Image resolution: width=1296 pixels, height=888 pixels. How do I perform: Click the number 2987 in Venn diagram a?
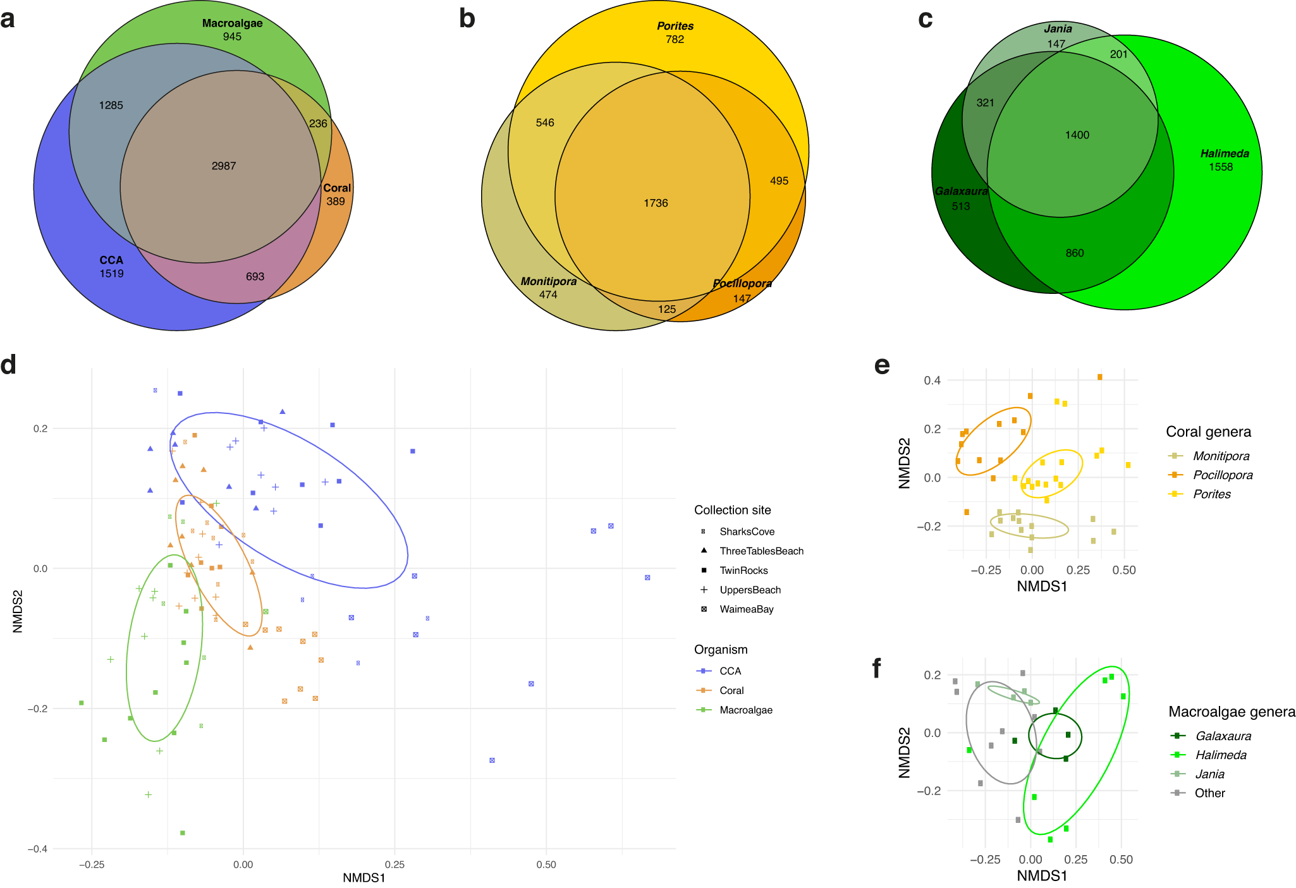click(224, 166)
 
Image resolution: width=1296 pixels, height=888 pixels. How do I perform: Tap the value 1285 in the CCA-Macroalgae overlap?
click(111, 106)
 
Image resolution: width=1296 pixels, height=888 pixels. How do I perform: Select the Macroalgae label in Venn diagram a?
click(232, 23)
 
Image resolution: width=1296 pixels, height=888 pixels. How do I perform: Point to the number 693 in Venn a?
click(255, 277)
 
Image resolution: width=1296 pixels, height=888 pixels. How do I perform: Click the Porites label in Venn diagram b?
click(675, 26)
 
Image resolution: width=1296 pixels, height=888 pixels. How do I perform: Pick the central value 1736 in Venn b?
click(656, 204)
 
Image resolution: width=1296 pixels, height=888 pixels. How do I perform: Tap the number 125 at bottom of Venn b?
click(667, 310)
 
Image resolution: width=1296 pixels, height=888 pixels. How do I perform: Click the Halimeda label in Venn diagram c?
click(1224, 154)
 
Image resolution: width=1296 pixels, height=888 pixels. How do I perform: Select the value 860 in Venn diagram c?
click(1075, 253)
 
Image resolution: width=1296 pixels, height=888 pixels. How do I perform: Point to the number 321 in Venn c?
click(985, 103)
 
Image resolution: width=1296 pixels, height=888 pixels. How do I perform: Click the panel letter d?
click(9, 365)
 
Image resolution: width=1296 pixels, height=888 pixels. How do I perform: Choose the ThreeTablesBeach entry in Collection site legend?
click(761, 551)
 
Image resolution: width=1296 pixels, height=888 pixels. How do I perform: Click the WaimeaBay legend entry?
click(746, 609)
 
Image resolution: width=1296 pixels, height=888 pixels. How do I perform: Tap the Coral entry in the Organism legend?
click(731, 691)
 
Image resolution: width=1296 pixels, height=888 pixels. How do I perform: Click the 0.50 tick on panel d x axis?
click(546, 865)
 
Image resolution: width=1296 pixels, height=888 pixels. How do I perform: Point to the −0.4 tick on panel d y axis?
click(37, 849)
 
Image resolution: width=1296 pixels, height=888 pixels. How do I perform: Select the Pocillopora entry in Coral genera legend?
click(1222, 475)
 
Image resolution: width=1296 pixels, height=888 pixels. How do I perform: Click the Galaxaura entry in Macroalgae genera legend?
click(1223, 736)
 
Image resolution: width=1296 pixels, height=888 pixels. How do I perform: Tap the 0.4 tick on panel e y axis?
click(932, 380)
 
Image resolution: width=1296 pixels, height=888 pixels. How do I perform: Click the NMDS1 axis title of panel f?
click(1041, 876)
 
